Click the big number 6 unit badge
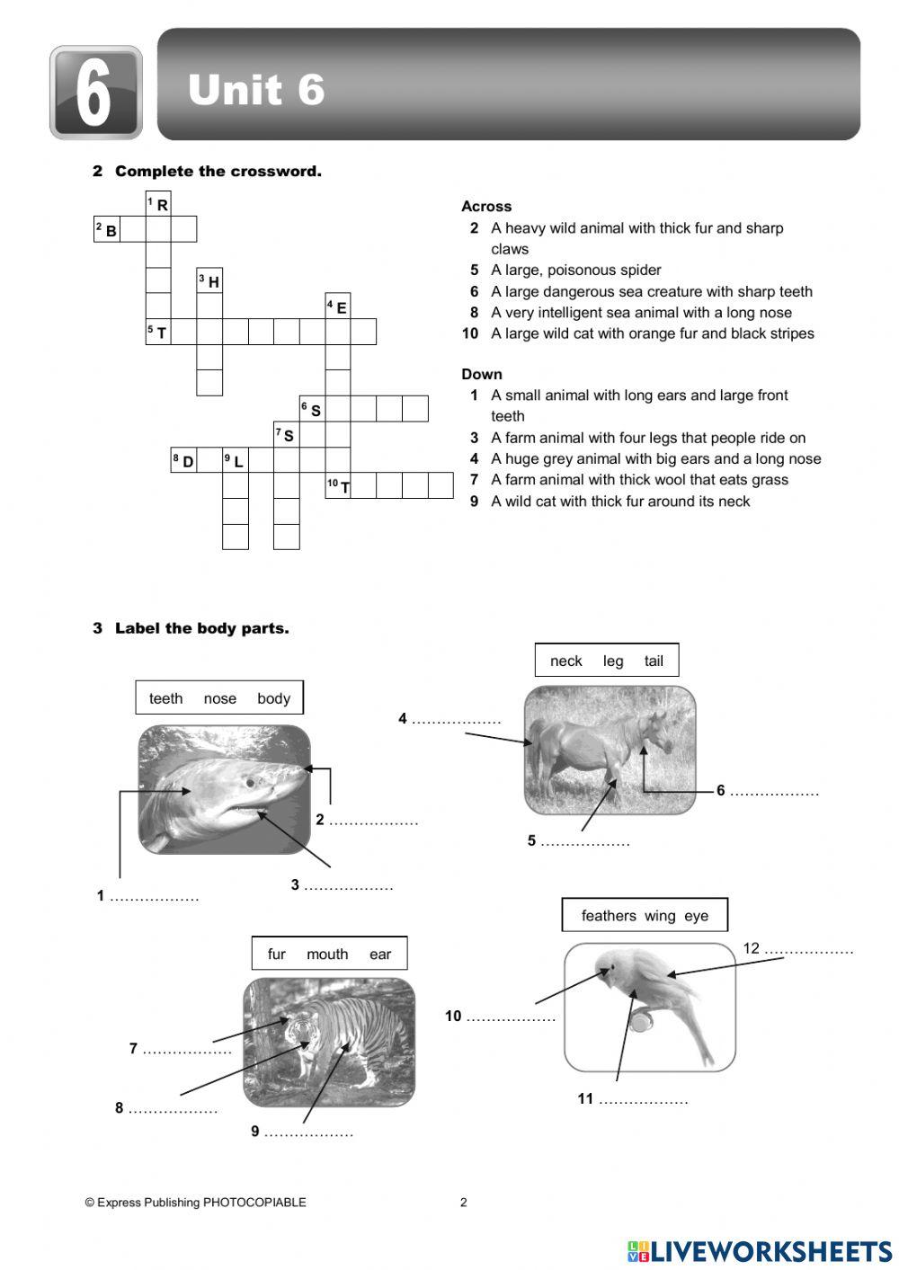[x=95, y=93]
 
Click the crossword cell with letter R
[x=158, y=205]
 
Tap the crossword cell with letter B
[x=107, y=230]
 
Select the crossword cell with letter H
[x=209, y=281]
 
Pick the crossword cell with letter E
[x=338, y=306]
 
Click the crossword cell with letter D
[x=184, y=461]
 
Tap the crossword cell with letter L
[x=235, y=461]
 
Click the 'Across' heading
[x=486, y=206]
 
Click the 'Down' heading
[x=482, y=374]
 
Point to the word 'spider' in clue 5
[x=639, y=270]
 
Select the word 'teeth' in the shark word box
[x=165, y=698]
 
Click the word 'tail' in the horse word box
[x=654, y=661]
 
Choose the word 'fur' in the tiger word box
[x=277, y=954]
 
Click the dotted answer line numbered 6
[x=774, y=792]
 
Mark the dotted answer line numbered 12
[x=808, y=949]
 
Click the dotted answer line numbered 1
[x=154, y=896]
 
